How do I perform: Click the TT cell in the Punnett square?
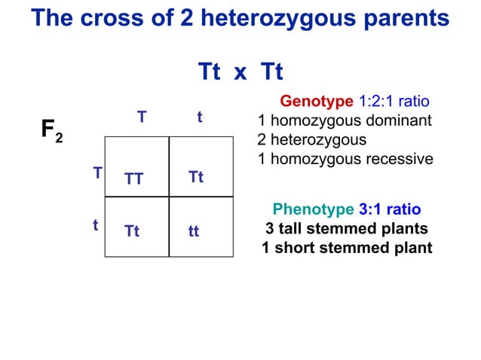pos(134,178)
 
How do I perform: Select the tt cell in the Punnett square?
pos(194,232)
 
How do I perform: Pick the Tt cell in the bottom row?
pos(132,232)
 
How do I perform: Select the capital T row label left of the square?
pos(97,173)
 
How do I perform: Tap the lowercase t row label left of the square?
pos(96,225)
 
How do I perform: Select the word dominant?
pos(400,121)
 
